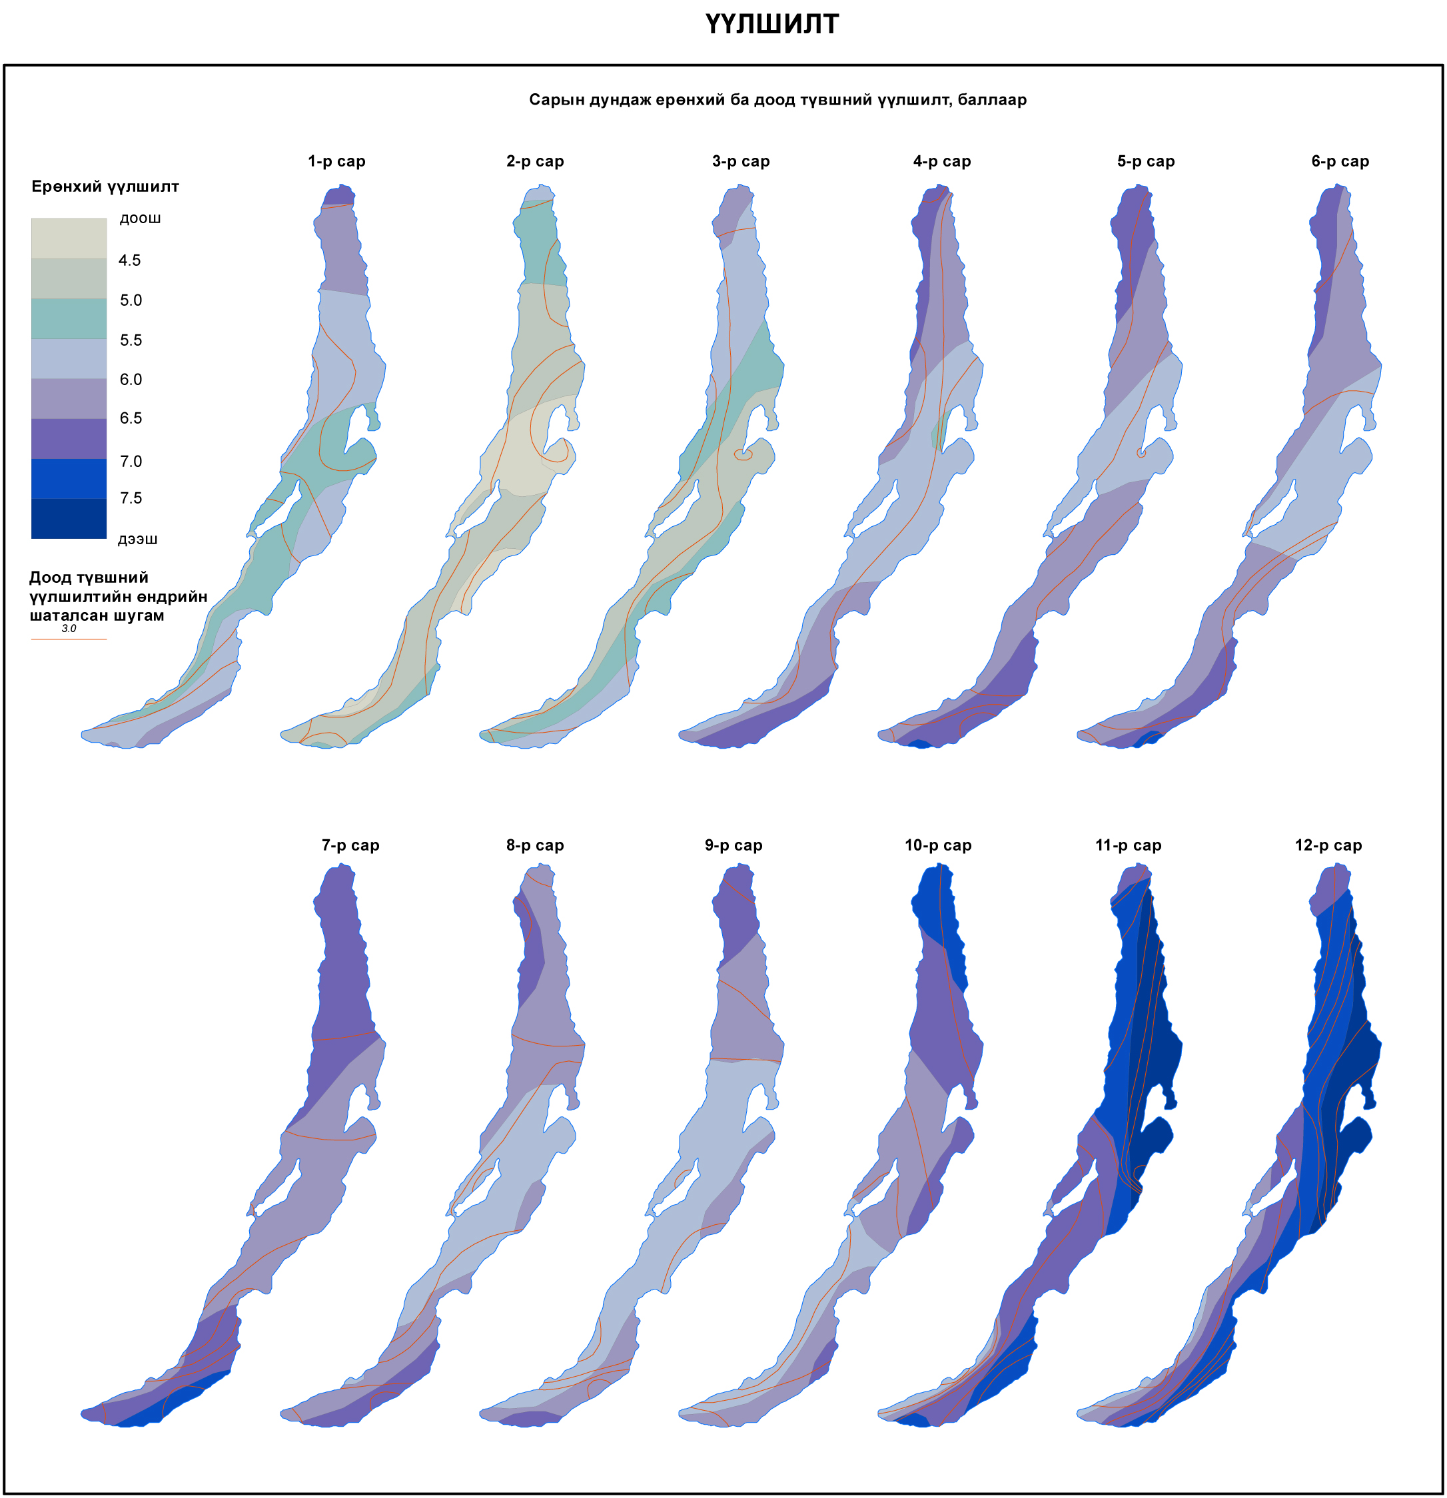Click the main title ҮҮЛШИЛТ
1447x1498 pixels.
point(771,25)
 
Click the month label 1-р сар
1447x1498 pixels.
point(336,161)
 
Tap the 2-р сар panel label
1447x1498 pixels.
point(535,161)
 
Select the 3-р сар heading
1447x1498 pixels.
point(741,161)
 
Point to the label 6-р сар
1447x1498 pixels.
point(1340,161)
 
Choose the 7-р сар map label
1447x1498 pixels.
point(350,845)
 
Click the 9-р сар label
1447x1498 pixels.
point(733,845)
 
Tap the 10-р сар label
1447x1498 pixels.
point(938,845)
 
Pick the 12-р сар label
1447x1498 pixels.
point(1328,845)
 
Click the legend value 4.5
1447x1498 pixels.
point(130,260)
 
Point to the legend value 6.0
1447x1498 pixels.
point(131,380)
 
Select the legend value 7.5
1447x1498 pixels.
point(131,498)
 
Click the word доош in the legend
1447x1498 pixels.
point(140,218)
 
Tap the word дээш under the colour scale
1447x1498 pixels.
point(138,540)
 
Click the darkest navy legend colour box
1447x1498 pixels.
point(69,519)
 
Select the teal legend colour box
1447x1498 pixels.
point(69,318)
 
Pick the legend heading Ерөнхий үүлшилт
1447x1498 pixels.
point(105,187)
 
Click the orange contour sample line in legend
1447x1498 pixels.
point(69,639)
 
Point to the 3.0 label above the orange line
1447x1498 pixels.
point(69,628)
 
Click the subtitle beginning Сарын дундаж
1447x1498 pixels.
point(777,100)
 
